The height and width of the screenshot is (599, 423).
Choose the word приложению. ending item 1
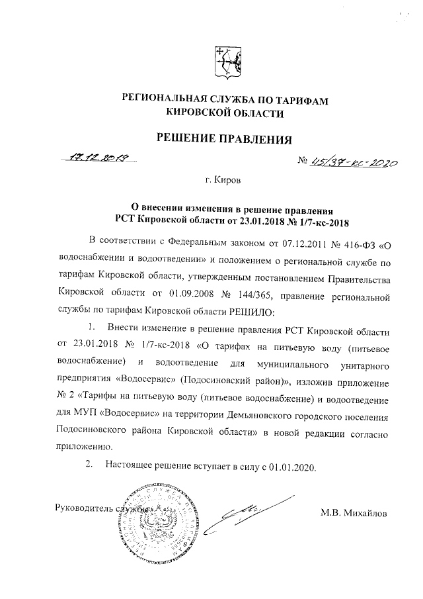pyautogui.click(x=85, y=447)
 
